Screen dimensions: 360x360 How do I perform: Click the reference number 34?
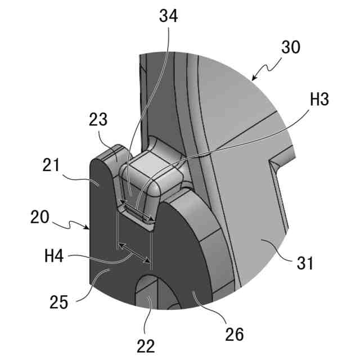point(169,16)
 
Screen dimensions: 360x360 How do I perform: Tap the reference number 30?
point(291,48)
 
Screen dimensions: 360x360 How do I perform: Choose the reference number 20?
point(40,217)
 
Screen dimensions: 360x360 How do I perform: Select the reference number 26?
point(235,334)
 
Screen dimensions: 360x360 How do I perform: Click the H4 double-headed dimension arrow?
point(133,252)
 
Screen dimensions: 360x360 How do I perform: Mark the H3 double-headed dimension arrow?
point(137,211)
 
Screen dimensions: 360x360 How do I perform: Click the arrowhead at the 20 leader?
point(91,229)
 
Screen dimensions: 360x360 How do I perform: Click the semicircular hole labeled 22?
point(150,292)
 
